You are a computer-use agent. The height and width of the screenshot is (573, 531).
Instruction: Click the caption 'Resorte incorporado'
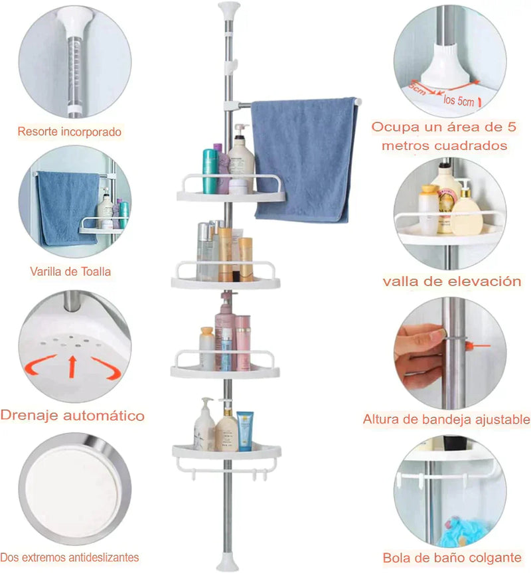click(70, 132)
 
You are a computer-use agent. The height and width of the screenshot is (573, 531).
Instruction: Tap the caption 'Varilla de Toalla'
click(70, 271)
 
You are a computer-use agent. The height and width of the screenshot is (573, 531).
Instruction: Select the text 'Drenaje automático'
click(72, 416)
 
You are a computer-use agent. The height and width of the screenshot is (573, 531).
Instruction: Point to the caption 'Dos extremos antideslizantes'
click(70, 557)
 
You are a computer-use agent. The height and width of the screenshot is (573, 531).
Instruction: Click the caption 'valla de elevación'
click(451, 282)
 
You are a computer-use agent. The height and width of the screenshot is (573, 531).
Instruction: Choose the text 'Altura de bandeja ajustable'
click(446, 420)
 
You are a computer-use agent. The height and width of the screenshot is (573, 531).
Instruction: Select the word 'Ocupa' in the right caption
click(392, 126)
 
